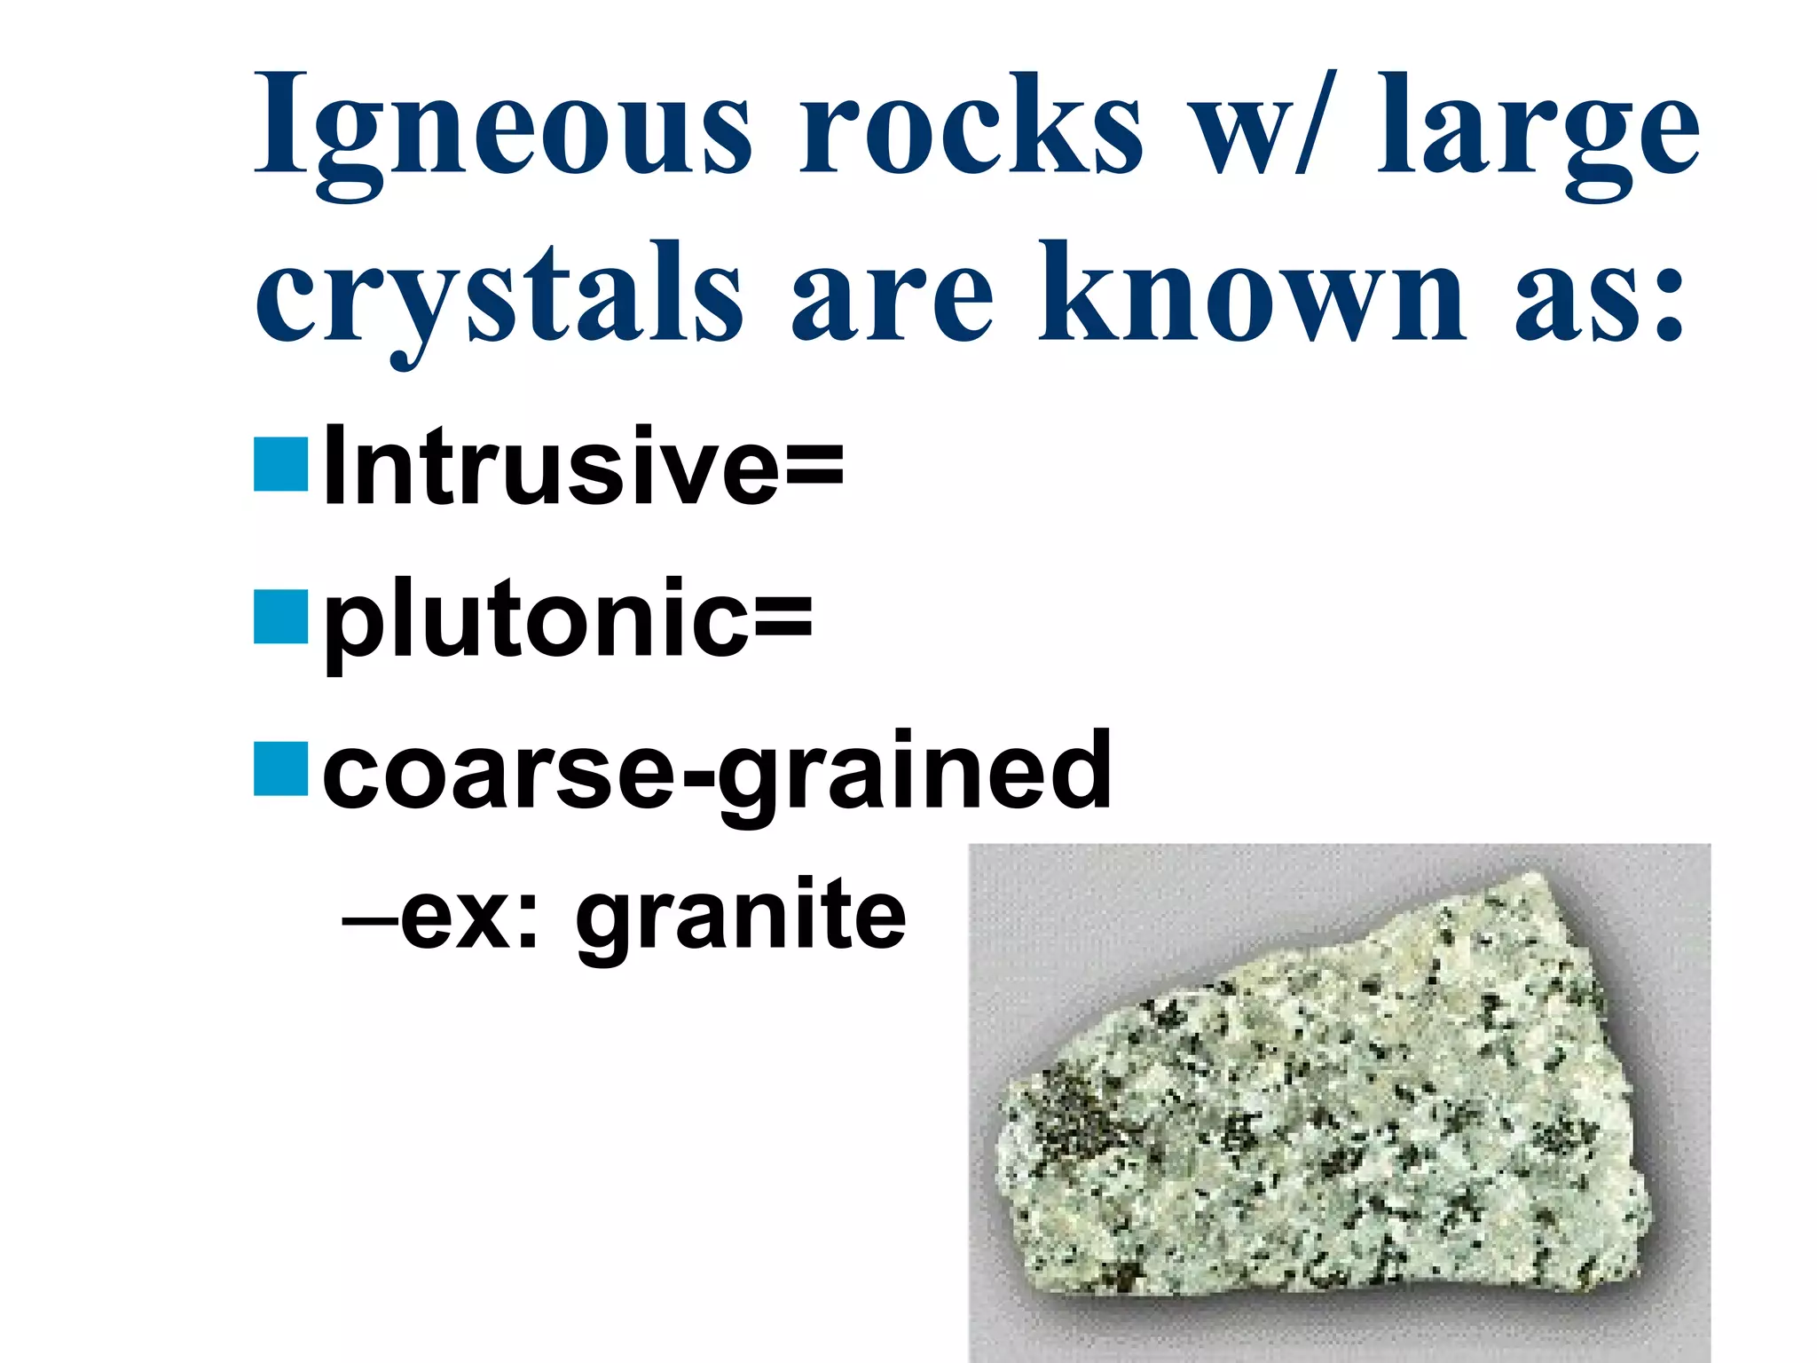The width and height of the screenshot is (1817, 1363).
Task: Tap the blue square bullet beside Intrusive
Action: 280,464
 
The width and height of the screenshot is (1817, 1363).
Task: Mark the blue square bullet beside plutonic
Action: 280,616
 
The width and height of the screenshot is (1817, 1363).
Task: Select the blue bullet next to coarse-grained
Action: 280,768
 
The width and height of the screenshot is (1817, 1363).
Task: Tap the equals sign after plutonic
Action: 783,618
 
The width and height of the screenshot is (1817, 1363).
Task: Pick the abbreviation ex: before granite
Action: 470,914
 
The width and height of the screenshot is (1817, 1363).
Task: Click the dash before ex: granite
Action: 369,919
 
